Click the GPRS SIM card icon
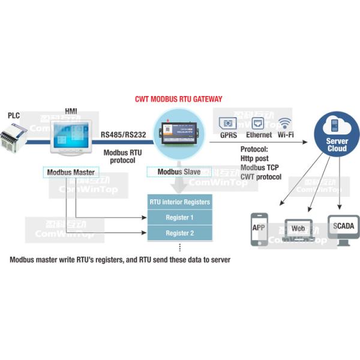point(228,124)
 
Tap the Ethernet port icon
point(258,124)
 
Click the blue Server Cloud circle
point(337,136)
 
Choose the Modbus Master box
point(71,172)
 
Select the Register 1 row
point(180,218)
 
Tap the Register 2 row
point(180,233)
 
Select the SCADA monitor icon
point(343,229)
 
